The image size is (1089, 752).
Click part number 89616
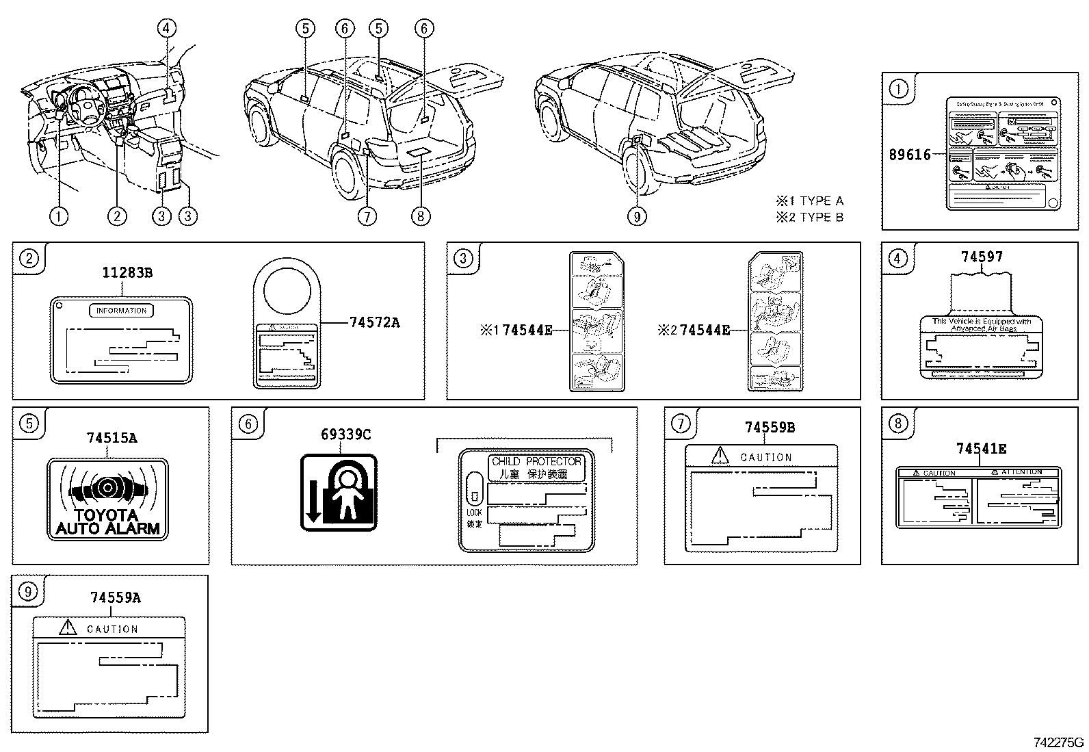pos(910,155)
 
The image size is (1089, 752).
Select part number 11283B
pos(127,273)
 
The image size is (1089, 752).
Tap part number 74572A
pos(373,322)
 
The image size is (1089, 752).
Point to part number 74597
pos(982,257)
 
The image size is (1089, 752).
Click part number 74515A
pos(111,438)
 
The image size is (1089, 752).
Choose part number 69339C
pos(346,435)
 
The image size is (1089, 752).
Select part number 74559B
pos(770,428)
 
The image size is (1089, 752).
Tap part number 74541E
pos(981,449)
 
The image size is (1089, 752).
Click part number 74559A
pos(115,598)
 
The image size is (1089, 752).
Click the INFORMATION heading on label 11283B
pos(122,311)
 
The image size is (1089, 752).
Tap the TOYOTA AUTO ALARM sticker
pos(107,500)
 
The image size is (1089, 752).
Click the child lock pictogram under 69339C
pos(339,493)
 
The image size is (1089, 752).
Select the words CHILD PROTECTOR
pos(536,462)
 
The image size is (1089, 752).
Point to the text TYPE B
pos(821,218)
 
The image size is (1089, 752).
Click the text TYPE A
pos(821,201)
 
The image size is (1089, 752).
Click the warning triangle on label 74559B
pos(720,455)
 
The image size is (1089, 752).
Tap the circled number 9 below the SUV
pos(636,217)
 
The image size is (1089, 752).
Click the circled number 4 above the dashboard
pos(166,28)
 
